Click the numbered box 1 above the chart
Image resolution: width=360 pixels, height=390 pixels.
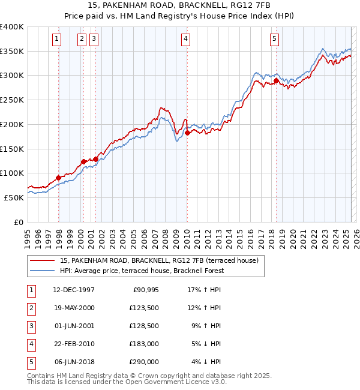coord(56,40)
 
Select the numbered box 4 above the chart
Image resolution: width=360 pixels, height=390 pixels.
coord(186,40)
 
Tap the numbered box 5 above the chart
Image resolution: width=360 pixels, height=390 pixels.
coord(274,40)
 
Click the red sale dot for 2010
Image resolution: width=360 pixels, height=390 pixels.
coord(187,133)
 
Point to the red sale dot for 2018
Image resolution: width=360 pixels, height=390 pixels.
coord(276,80)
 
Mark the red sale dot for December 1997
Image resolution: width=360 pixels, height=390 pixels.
coord(58,178)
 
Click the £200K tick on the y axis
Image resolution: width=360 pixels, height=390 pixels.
coord(12,124)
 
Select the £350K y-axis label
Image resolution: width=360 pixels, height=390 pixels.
coord(12,52)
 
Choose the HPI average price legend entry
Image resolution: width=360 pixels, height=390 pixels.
coord(142,271)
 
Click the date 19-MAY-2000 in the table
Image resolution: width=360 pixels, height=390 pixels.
coord(74,308)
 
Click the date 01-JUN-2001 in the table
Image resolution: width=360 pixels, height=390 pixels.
coord(74,326)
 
